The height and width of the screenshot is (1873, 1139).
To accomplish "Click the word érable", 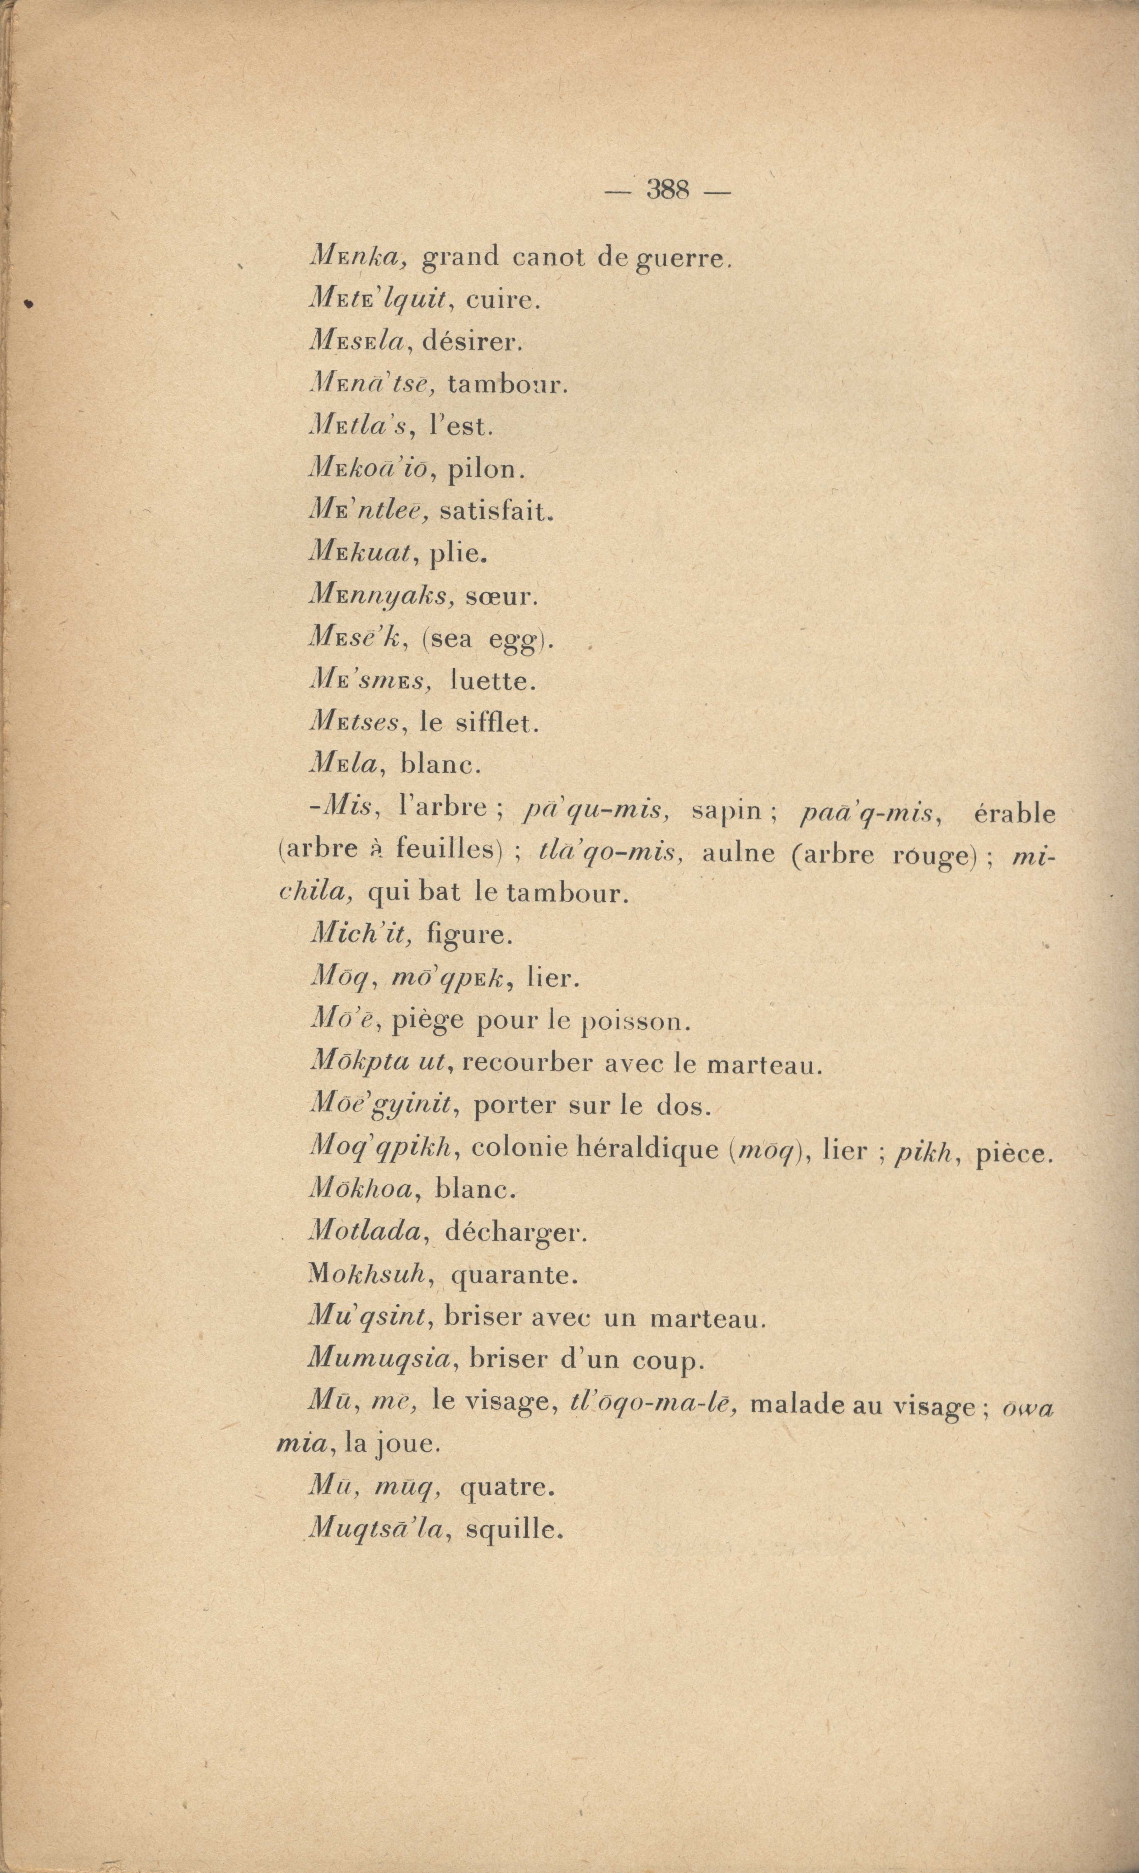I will click(1014, 814).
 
